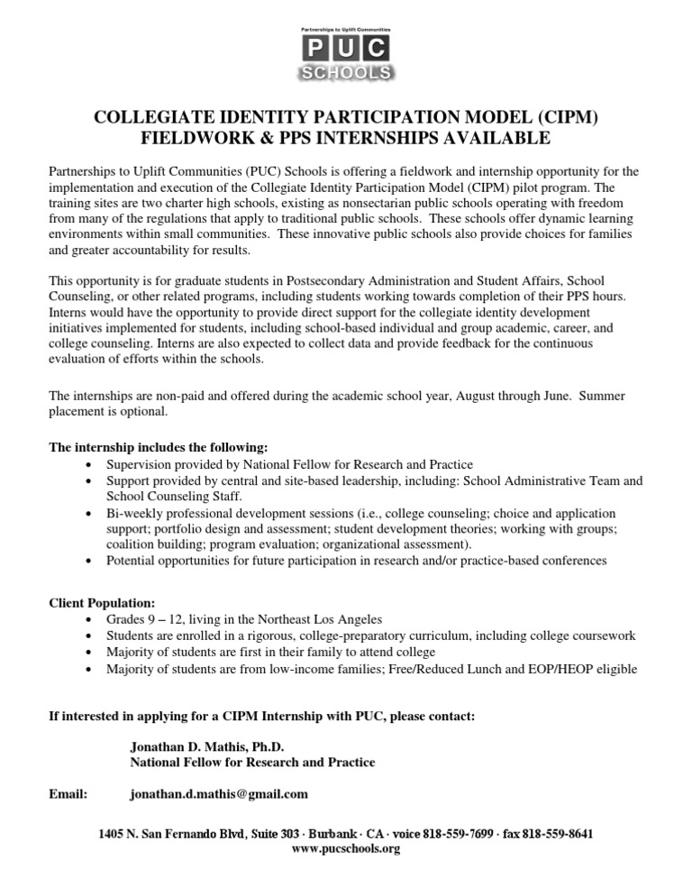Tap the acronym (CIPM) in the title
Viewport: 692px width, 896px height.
point(560,117)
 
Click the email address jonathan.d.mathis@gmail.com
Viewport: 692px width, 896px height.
point(219,794)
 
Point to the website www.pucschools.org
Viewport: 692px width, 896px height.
point(346,848)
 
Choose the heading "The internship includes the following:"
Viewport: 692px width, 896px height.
point(158,448)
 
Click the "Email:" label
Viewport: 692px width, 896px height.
point(68,794)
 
